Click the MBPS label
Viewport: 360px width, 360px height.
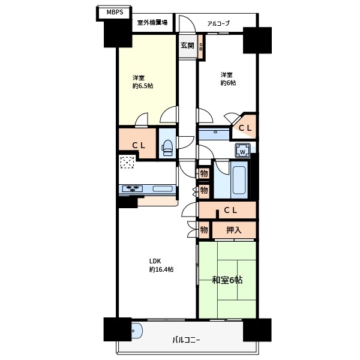tap(115, 12)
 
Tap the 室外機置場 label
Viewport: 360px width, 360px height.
tap(152, 23)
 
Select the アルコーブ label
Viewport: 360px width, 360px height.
tap(218, 23)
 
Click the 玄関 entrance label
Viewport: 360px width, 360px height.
tap(187, 46)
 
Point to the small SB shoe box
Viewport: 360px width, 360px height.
tap(200, 47)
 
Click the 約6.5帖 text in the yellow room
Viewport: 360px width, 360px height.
tap(143, 86)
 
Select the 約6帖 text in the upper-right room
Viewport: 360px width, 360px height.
tap(228, 83)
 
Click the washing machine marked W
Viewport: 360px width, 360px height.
tap(242, 151)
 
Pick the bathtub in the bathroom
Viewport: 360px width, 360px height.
tap(239, 180)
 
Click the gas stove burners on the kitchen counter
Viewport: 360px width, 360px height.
tap(133, 189)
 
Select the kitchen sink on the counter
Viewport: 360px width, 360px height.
tap(163, 189)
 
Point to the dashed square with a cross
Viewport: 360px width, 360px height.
tap(127, 163)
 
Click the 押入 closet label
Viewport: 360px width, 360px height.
tap(234, 230)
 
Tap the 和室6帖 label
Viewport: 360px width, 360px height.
tap(227, 280)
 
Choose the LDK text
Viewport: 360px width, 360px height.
tap(155, 261)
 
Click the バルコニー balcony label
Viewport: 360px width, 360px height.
tap(186, 340)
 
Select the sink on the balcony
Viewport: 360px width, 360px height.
tap(137, 331)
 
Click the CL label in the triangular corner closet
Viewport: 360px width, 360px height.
tap(245, 128)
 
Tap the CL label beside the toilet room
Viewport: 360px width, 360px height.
tap(139, 145)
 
